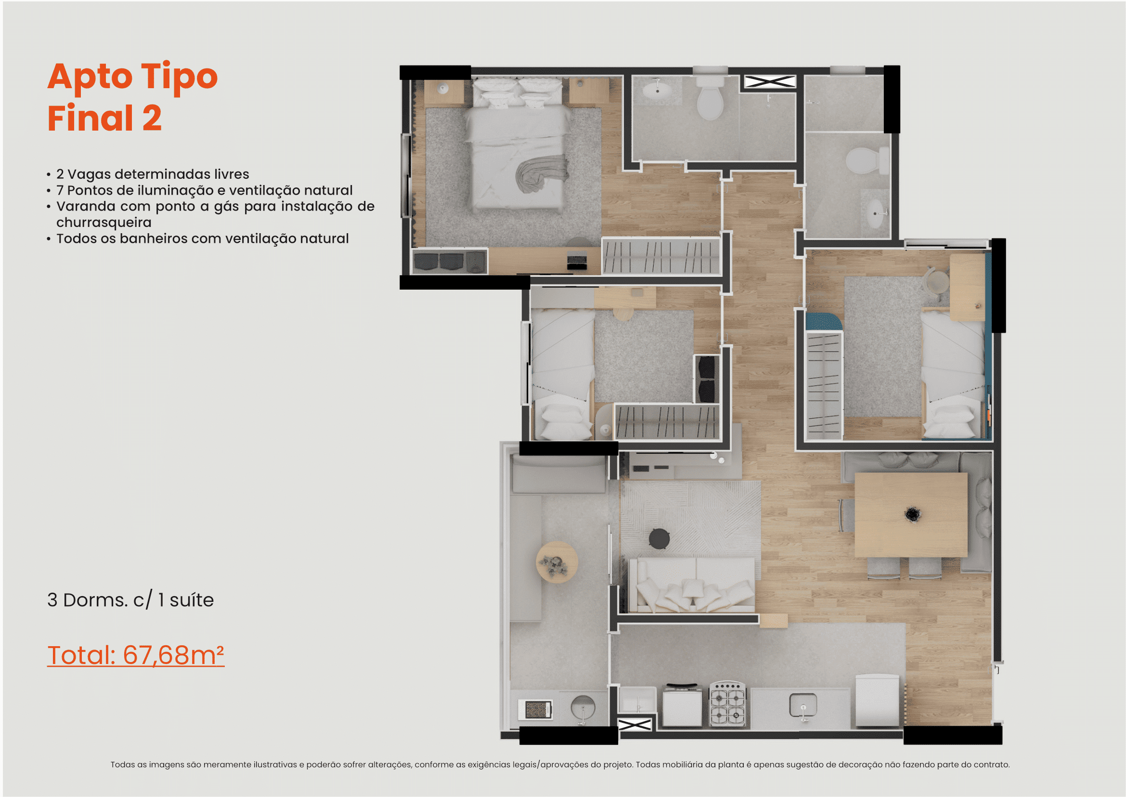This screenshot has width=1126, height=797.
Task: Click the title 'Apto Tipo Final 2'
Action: click(x=132, y=97)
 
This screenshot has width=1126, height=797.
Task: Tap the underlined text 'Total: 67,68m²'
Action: click(x=136, y=655)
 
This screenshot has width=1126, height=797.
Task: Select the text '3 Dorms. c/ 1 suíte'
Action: click(x=130, y=600)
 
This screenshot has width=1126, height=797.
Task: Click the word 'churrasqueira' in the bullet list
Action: click(x=104, y=222)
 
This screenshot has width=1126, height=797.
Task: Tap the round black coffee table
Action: click(x=659, y=538)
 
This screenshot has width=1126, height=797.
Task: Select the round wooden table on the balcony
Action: click(x=557, y=562)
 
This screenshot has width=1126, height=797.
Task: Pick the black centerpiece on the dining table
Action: click(x=912, y=514)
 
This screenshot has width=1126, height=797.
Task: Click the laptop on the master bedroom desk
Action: click(x=577, y=260)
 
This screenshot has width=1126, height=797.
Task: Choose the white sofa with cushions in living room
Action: click(x=692, y=584)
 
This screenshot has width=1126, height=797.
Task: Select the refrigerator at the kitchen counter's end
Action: click(x=878, y=700)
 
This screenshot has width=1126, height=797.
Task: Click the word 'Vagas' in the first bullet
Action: click(x=89, y=174)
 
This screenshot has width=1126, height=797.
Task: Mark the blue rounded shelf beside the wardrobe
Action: click(x=823, y=321)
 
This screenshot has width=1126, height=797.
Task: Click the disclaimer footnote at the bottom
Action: click(x=560, y=765)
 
